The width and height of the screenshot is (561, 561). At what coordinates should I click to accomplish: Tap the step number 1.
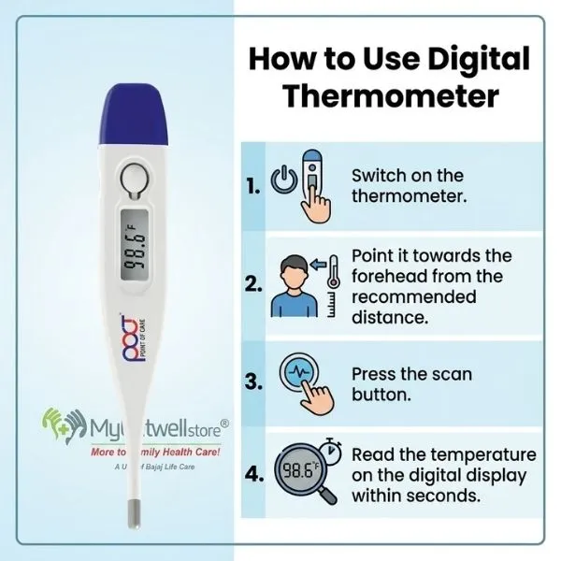pos(252,186)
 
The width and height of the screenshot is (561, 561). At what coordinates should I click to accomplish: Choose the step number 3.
pos(252,381)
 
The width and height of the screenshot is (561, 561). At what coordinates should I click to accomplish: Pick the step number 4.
pos(252,474)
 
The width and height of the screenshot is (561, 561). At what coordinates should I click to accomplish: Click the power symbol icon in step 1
pos(282,180)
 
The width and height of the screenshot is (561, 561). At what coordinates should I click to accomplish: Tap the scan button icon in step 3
pos(303,380)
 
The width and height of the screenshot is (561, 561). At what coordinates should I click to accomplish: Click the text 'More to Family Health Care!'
pos(140,452)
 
